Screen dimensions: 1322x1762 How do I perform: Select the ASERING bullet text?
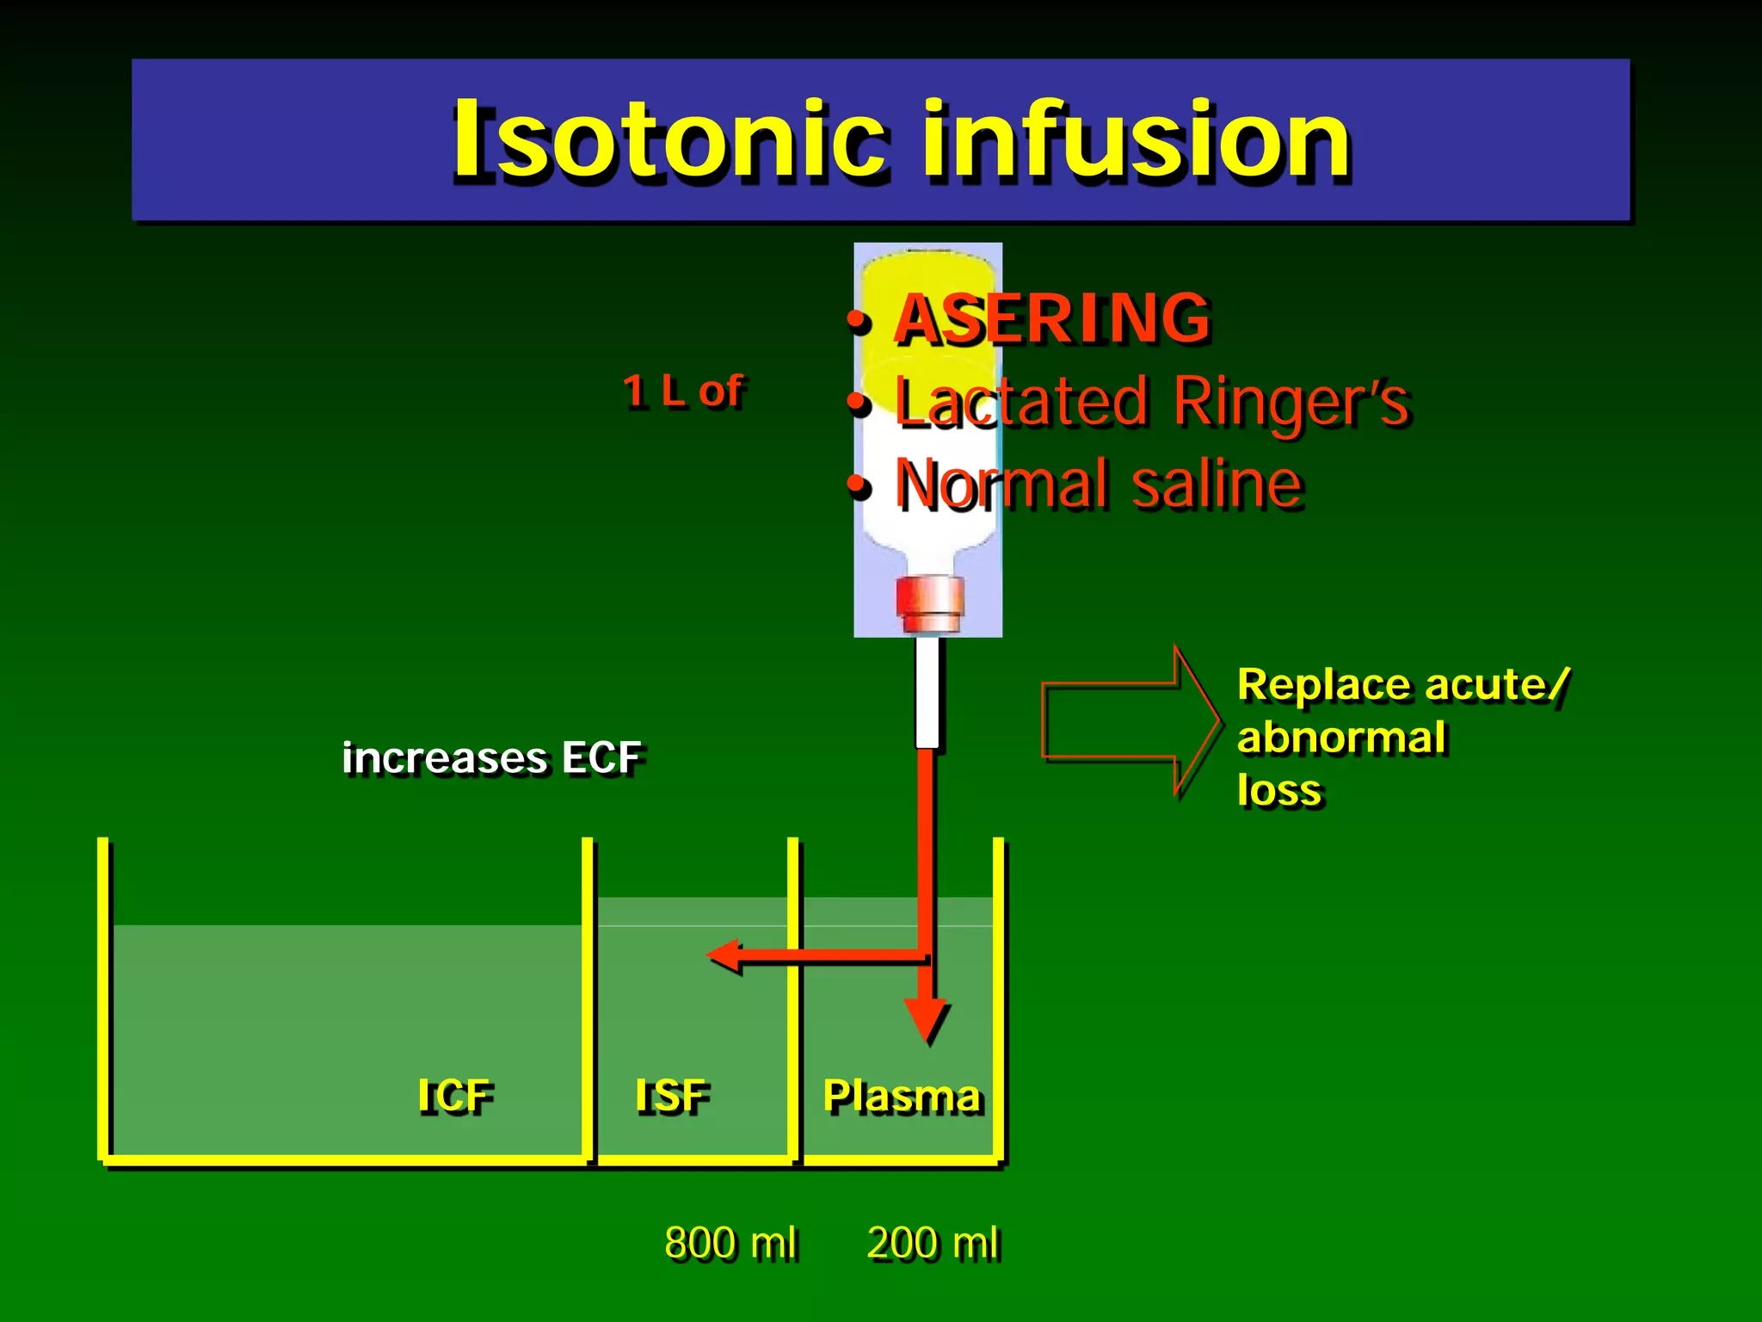[1052, 318]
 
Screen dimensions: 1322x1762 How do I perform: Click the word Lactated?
[1020, 402]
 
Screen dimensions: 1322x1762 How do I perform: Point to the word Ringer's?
[1291, 402]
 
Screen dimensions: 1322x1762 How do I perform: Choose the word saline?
[1217, 484]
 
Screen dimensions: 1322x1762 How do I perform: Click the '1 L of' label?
[683, 392]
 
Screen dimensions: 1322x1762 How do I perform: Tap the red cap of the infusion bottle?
[929, 602]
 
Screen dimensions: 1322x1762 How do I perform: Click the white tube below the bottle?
[927, 693]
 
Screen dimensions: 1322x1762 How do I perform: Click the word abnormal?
[1341, 738]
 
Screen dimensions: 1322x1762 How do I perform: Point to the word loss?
[1278, 790]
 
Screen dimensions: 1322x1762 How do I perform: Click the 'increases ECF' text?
[491, 758]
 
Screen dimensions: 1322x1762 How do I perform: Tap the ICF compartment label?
[455, 1097]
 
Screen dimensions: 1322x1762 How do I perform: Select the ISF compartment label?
[672, 1097]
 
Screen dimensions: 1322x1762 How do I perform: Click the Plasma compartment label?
[902, 1097]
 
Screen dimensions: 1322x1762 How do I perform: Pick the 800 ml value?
[730, 1244]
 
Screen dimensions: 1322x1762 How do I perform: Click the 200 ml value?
[933, 1244]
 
